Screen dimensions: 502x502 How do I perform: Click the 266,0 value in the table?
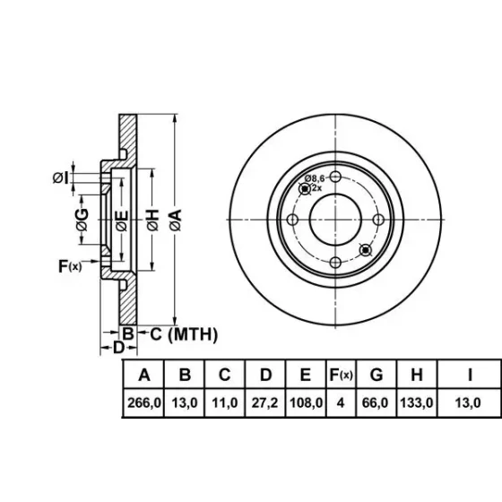click(x=144, y=402)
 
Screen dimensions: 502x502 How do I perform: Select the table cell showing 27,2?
click(x=264, y=402)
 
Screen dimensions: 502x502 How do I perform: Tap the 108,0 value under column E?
click(x=306, y=402)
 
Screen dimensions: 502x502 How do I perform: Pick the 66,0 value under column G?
click(x=375, y=402)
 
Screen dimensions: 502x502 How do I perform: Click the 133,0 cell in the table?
click(x=417, y=402)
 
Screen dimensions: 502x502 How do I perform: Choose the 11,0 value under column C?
click(x=225, y=402)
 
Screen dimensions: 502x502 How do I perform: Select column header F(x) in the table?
click(x=341, y=375)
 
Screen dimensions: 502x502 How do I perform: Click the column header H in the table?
click(x=417, y=375)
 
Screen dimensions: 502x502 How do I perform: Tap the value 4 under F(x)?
click(x=341, y=402)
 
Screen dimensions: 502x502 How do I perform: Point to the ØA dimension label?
click(x=176, y=220)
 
